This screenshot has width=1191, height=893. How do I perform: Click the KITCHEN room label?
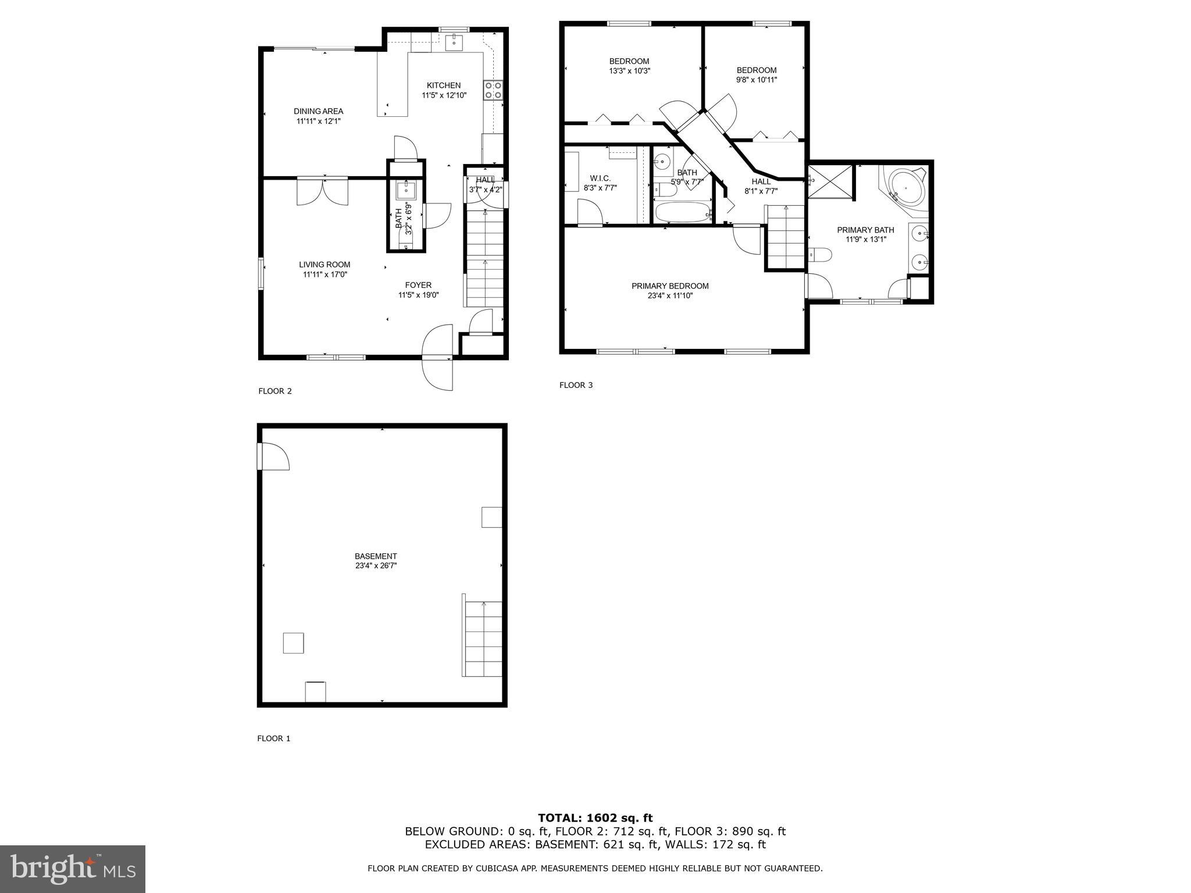coord(443,85)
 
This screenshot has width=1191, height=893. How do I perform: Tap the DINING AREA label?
coord(318,111)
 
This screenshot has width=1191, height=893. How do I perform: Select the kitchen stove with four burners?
coord(493,91)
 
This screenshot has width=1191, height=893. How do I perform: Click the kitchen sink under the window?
coord(454,42)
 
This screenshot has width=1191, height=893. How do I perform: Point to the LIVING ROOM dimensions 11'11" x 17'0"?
coord(325,274)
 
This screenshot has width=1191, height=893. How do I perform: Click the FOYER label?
coord(418,285)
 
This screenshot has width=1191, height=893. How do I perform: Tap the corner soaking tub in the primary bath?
coord(905,188)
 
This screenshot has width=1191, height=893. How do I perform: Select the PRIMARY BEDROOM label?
coord(670,286)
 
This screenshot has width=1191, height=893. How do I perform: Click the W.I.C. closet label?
coord(600,178)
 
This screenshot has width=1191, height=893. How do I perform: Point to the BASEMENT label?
coord(376,556)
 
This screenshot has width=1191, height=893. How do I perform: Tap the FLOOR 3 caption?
coord(576,385)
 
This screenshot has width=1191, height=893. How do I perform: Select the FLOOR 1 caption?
coord(273,738)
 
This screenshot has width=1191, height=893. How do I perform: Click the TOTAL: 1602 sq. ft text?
coord(595,818)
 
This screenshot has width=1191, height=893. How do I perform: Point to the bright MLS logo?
coord(73,869)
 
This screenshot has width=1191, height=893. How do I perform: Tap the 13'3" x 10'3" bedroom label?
coord(629,71)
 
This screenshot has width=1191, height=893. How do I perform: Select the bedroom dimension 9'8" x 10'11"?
coord(756,80)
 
